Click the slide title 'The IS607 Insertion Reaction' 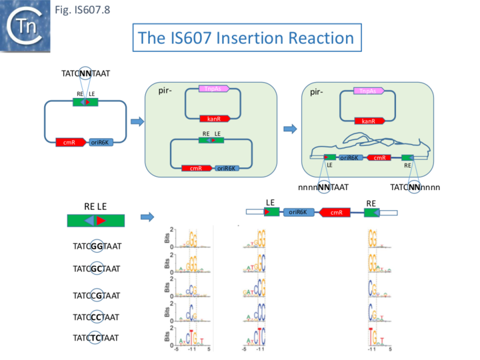tap(247, 38)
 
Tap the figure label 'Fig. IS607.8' tap(87, 9)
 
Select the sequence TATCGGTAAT tap(96, 246)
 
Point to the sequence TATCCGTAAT tap(96, 295)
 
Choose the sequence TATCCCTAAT tap(96, 317)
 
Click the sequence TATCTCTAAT tap(96, 338)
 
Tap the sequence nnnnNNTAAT tap(323, 187)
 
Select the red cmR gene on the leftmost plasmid tap(70, 142)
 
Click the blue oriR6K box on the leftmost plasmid tap(101, 142)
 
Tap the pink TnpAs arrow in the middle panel tap(214, 89)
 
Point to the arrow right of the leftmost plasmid tap(136, 121)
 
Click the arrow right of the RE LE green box tap(148, 217)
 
